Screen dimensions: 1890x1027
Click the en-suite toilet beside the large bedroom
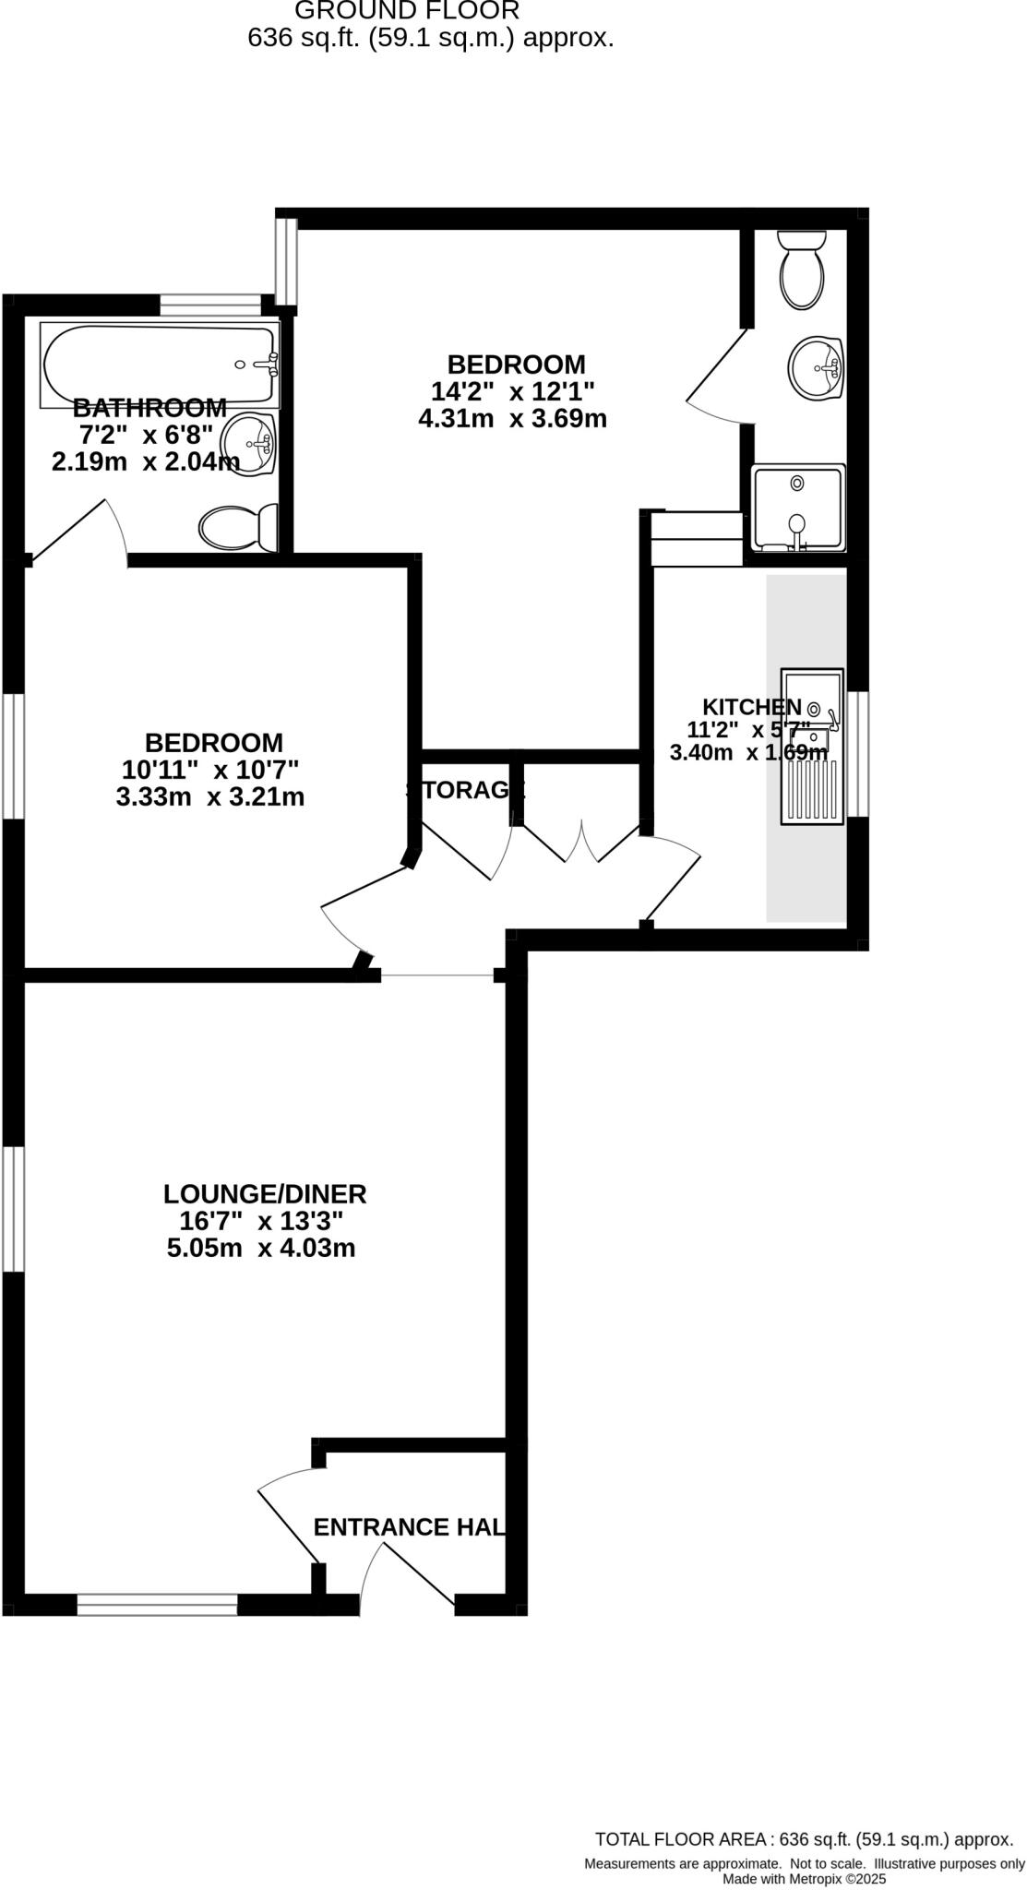[x=802, y=270]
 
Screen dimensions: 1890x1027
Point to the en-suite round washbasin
[x=816, y=368]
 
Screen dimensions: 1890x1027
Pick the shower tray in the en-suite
[x=798, y=508]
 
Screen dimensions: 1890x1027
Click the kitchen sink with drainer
[x=813, y=746]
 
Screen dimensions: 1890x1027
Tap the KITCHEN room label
[x=752, y=707]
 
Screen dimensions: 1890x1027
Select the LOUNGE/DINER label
[x=265, y=1194]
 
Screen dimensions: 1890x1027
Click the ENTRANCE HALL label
[x=409, y=1527]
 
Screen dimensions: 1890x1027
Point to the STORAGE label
[x=465, y=790]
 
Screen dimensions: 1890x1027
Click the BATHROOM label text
[x=149, y=407]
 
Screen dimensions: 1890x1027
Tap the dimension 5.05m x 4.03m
[x=261, y=1249]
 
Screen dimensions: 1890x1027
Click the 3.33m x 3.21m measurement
[x=210, y=797]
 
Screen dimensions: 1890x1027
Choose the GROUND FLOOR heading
[x=407, y=11]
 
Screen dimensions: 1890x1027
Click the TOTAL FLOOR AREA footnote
[x=804, y=1838]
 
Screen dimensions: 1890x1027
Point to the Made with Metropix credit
[x=804, y=1878]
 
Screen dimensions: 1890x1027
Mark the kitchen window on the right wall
[x=858, y=753]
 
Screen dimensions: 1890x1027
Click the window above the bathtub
[x=210, y=305]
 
